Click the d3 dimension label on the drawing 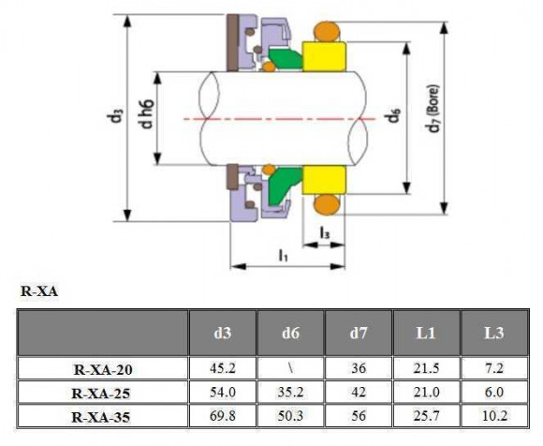point(114,117)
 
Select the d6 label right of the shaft point(395,118)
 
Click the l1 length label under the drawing point(282,254)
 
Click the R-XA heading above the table point(39,291)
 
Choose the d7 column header point(358,332)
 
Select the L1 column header point(425,332)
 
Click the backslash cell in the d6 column point(289,368)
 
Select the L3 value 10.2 point(492,413)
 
